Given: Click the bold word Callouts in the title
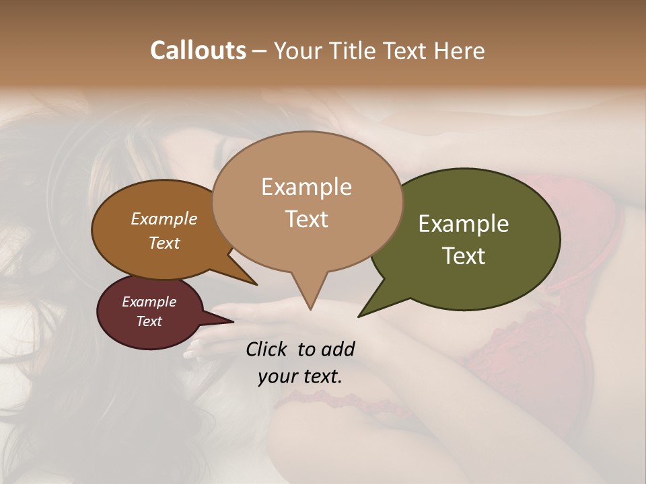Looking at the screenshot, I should [198, 50].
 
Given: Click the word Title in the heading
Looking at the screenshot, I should [356, 50].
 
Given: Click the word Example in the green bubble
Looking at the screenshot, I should [464, 224].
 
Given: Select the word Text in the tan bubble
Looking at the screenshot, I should [307, 219].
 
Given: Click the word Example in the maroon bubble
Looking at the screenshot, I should [149, 302].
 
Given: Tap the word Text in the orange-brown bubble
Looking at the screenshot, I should [164, 243].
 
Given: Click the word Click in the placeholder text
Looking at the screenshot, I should [268, 349].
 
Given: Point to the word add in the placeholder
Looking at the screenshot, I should [338, 349].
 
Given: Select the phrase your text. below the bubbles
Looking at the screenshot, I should [300, 377].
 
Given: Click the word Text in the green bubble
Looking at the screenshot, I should [464, 256].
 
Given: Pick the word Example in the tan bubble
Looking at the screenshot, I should [307, 187].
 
